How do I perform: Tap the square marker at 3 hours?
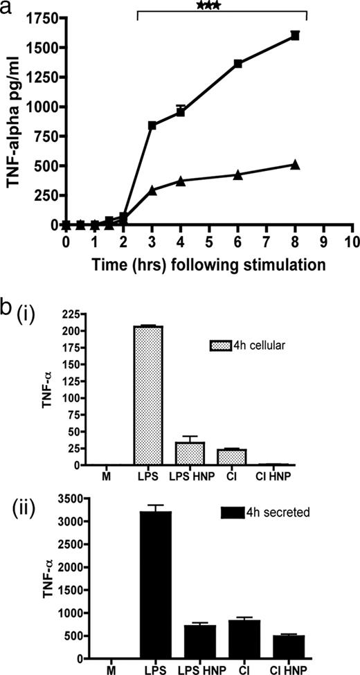[x=152, y=125]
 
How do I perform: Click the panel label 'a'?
[x=8, y=8]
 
